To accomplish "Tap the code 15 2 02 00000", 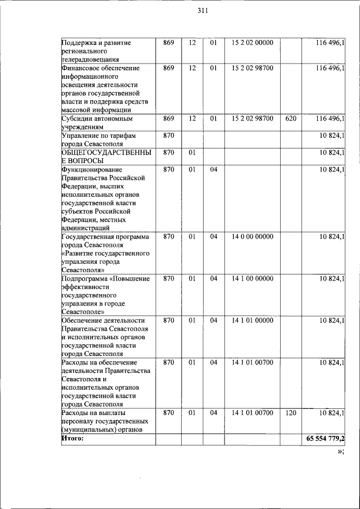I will [x=253, y=43].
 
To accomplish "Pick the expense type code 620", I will [x=291, y=119].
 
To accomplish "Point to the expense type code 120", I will [x=291, y=413].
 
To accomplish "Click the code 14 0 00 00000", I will [x=253, y=237].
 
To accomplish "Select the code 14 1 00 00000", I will [x=253, y=278].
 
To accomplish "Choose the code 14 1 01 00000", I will [x=253, y=321].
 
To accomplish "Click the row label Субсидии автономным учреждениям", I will [x=97, y=123].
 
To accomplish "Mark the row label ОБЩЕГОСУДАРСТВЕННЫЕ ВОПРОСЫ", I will [x=105, y=156].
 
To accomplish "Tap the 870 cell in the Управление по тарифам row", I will [x=168, y=136].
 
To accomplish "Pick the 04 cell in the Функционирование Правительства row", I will [x=214, y=169].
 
